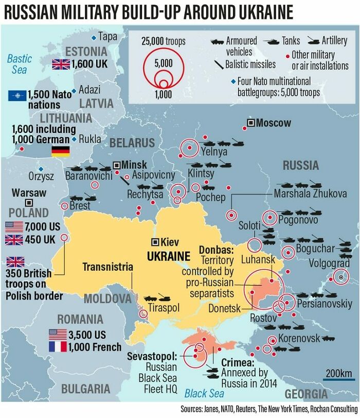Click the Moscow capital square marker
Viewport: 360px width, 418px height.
coord(250,123)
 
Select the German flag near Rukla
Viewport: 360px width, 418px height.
coord(61,151)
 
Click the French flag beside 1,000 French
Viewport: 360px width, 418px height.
coord(58,346)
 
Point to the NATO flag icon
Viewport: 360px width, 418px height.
coord(18,95)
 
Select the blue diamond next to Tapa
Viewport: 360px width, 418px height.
coord(93,37)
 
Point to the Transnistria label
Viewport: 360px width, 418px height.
coord(107,267)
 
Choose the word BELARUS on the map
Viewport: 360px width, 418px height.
coord(132,143)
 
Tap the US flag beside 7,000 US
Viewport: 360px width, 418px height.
coord(14,227)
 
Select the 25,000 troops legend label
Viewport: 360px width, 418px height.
coord(163,41)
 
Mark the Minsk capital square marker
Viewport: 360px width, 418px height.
coord(117,165)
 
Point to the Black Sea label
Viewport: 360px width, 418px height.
coord(204,394)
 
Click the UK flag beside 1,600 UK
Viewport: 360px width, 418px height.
coord(61,64)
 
